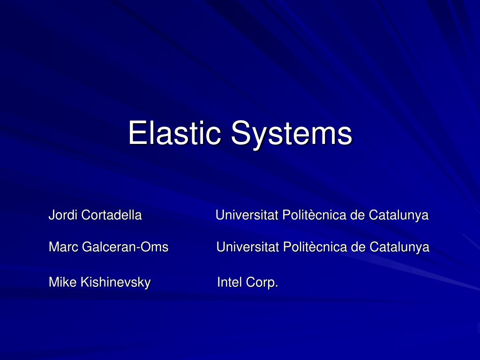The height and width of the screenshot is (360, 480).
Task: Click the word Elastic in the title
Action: coord(175,133)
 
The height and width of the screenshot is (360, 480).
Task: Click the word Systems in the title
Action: coord(291,134)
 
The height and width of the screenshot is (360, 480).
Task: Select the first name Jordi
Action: coord(63,215)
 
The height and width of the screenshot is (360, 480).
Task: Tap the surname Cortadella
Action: coord(111,215)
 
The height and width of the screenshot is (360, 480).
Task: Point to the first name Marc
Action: coord(64,247)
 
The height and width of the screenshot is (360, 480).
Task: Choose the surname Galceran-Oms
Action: coord(125,247)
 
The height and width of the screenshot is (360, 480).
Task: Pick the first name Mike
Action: coord(63,282)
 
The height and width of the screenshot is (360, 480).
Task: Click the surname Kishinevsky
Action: coord(116,283)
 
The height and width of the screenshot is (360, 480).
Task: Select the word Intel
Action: coord(230,282)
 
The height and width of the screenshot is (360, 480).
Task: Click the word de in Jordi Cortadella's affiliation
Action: coord(358,215)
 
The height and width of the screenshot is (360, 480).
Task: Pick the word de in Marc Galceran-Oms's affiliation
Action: coord(359,247)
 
